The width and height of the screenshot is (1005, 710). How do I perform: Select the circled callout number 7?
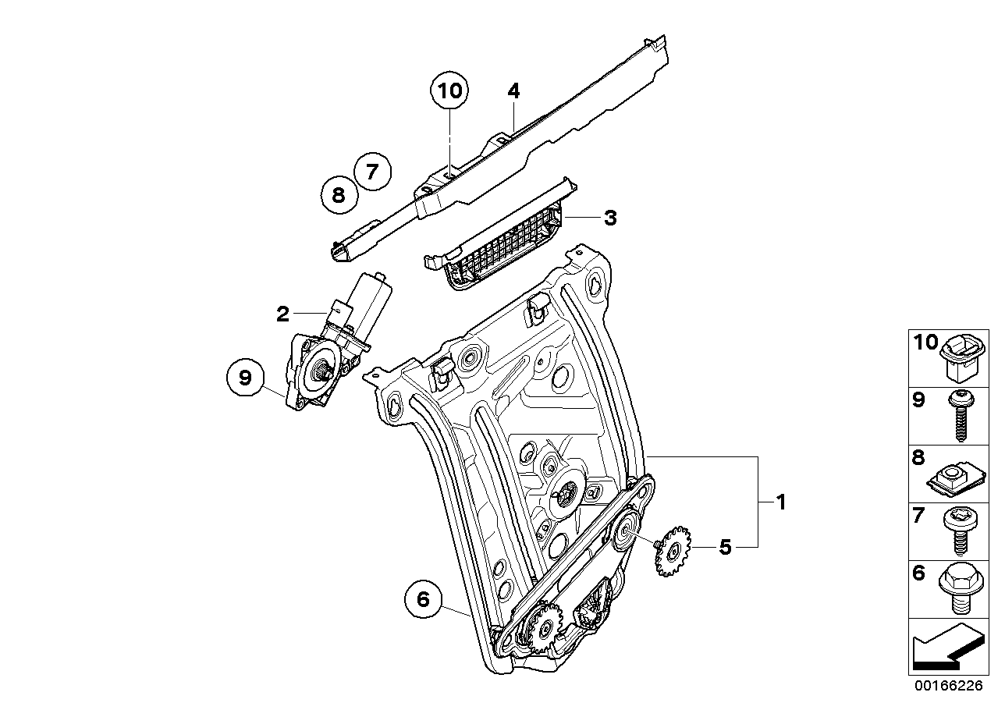371,171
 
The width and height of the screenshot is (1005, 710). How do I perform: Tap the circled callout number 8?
339,194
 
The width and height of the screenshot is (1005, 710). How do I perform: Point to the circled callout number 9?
246,378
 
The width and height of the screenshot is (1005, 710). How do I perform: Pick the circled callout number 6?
424,599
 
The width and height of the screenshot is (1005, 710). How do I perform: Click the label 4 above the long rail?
513,91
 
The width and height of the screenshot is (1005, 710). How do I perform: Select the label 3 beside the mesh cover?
609,218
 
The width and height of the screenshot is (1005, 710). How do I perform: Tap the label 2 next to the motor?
282,314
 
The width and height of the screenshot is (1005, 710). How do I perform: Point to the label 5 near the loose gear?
726,548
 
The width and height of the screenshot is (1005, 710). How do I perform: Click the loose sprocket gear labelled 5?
670,555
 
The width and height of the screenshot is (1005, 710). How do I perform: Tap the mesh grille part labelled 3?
499,242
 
